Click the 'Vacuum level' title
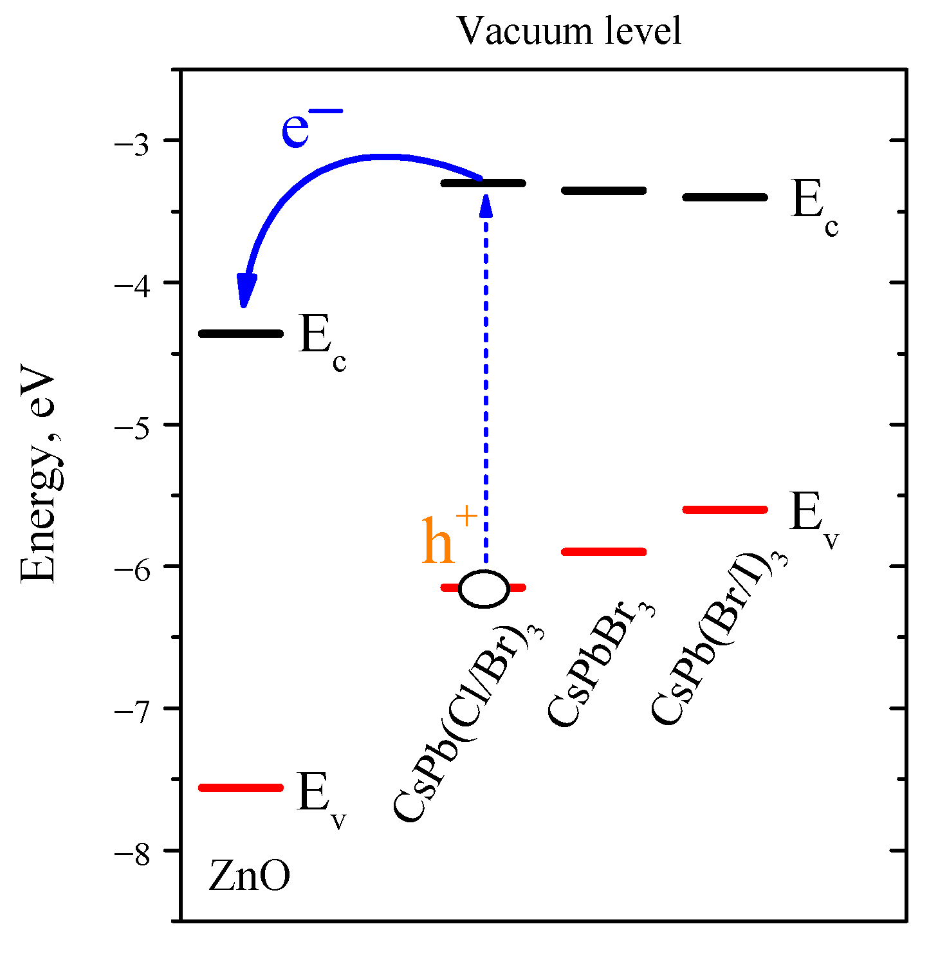point(569,30)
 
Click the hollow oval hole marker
point(484,588)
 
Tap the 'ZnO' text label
point(249,878)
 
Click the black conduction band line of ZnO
point(241,333)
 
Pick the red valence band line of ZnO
point(241,788)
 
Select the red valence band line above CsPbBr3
point(603,551)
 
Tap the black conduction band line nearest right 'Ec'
point(724,197)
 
